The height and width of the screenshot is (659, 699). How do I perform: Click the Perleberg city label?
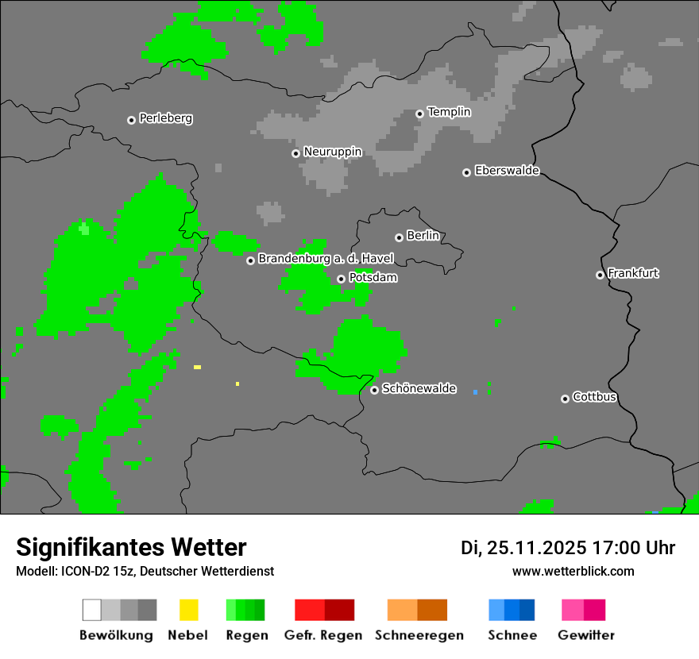pos(165,118)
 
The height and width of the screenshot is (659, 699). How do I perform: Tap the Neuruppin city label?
pos(332,152)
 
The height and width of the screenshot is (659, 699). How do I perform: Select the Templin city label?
pos(449,112)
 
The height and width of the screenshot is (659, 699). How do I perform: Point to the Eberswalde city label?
pos(507,171)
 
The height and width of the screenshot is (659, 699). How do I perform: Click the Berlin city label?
pos(423,236)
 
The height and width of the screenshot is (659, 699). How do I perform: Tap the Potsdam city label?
pos(373,278)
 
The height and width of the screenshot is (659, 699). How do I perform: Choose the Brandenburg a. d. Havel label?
pos(326,259)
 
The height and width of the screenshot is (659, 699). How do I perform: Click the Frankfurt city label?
pos(633,273)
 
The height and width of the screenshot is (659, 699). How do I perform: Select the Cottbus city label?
pos(594,397)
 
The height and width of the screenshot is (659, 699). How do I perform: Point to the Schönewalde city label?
pos(419,388)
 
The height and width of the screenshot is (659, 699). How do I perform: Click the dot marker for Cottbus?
pos(565,399)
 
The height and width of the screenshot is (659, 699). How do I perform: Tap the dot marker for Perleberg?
pos(131,120)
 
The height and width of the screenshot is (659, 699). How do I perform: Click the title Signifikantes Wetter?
pos(131,547)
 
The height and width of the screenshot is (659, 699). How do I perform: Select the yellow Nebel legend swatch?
pos(188,610)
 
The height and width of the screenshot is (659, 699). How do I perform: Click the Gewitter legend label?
pos(586,635)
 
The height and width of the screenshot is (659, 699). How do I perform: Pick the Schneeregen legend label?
pos(419,635)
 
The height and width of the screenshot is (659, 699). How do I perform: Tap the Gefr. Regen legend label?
pos(323,635)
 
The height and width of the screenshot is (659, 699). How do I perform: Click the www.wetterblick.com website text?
pos(573,571)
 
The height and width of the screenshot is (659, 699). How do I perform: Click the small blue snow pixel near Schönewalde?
pos(475,392)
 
